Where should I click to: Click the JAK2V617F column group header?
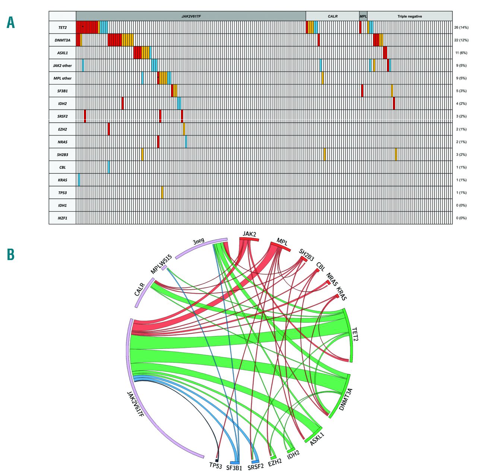[x=191, y=16]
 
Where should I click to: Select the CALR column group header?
[x=332, y=16]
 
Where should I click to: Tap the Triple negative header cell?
[x=410, y=16]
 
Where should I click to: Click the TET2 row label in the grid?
[x=63, y=28]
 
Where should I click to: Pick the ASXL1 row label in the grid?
[x=63, y=53]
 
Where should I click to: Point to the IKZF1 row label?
[x=63, y=218]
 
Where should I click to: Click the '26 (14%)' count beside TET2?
[x=461, y=28]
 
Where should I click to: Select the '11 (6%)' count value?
[x=461, y=53]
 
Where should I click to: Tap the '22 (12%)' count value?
[x=461, y=40]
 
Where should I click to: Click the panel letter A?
[x=11, y=23]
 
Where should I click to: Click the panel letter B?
[x=11, y=255]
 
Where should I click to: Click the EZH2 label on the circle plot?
[x=275, y=463]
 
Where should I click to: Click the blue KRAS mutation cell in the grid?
[x=79, y=180]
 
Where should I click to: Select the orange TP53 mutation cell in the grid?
[x=162, y=192]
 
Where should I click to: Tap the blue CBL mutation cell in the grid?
[x=109, y=167]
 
